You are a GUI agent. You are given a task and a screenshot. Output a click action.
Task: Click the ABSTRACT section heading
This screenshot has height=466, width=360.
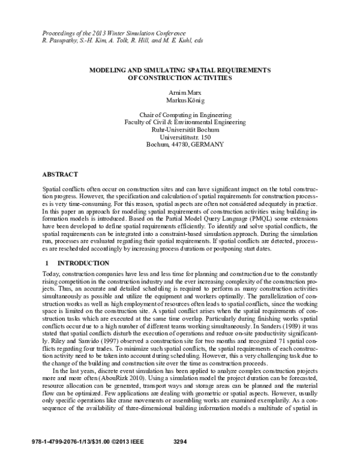[x=60, y=174]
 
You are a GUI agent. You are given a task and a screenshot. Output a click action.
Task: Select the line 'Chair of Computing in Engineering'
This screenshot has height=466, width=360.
[x=179, y=113]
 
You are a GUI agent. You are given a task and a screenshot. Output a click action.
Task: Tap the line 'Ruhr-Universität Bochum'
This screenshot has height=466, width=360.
[x=179, y=129]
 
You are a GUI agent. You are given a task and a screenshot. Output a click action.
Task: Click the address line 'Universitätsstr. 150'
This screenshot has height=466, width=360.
[x=179, y=137]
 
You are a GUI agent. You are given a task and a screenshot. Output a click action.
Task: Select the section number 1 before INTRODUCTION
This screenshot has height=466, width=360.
[x=47, y=263]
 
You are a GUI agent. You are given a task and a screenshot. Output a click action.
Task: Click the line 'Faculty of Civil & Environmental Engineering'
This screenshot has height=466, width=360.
[x=179, y=121]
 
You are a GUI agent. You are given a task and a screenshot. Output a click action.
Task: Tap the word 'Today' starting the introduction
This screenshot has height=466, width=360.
[x=49, y=275]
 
